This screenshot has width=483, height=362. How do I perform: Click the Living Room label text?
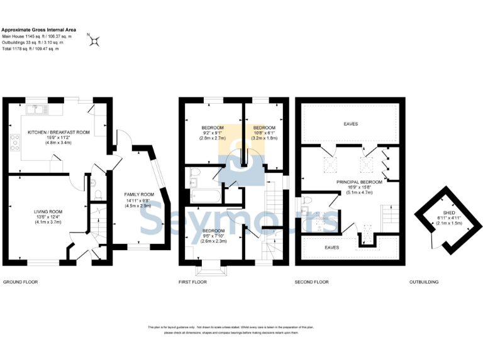pyautogui.click(x=48, y=215)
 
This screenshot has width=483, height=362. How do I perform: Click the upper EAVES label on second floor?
pyautogui.click(x=351, y=124)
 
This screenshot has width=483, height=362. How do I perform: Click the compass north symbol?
pyautogui.click(x=95, y=41)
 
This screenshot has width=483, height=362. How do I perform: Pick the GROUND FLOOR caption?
pyautogui.click(x=21, y=282)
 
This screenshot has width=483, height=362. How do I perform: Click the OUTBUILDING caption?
pyautogui.click(x=423, y=282)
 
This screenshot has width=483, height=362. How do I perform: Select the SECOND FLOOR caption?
pyautogui.click(x=312, y=282)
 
